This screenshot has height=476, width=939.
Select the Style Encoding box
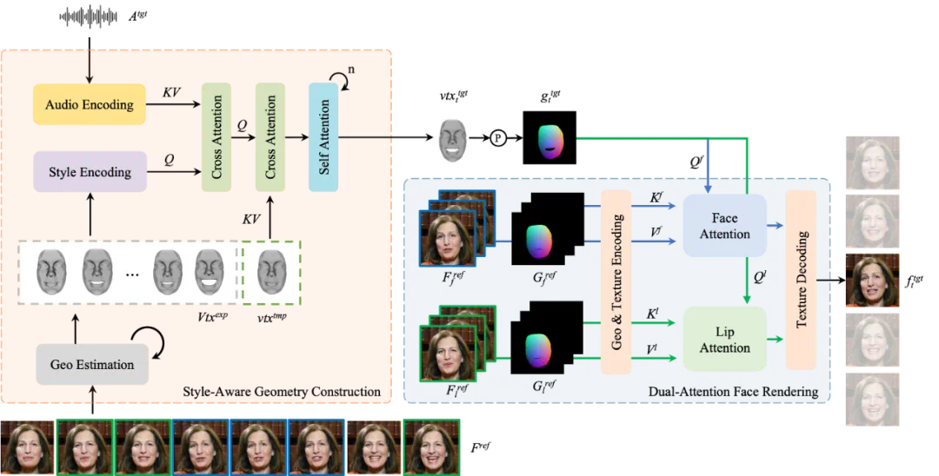[x=90, y=172]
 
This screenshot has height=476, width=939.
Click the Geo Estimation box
[x=92, y=364]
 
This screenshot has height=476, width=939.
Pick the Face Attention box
[x=724, y=226]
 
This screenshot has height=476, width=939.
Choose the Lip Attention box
[x=724, y=340]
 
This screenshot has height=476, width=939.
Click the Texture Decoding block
[x=801, y=280]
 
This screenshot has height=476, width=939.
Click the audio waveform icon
[x=90, y=17]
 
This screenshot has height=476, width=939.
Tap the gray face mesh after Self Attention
[x=451, y=138]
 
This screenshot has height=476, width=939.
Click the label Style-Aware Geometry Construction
[x=282, y=392]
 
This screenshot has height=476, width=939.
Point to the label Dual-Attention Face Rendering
[x=733, y=392]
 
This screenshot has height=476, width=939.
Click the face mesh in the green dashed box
[x=272, y=271]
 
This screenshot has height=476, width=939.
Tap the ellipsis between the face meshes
[x=131, y=273]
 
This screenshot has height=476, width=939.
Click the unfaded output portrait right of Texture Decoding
[x=873, y=281]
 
